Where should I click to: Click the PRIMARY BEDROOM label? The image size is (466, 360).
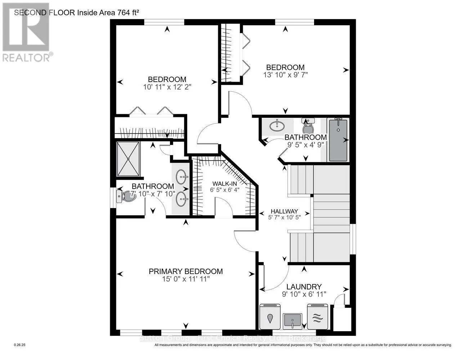pyautogui.click(x=185, y=271)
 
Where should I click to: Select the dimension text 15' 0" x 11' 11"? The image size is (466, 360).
pyautogui.click(x=185, y=279)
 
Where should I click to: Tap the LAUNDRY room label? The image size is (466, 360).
pyautogui.click(x=304, y=287)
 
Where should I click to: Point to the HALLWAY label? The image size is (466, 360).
pyautogui.click(x=284, y=211)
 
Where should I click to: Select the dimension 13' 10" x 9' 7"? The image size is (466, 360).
pyautogui.click(x=285, y=75)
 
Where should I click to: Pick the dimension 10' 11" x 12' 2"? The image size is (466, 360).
pyautogui.click(x=167, y=87)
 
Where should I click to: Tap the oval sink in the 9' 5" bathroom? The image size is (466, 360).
pyautogui.click(x=277, y=126)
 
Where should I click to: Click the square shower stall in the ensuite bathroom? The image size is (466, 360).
pyautogui.click(x=128, y=159)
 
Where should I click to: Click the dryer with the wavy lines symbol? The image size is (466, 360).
pyautogui.click(x=318, y=317)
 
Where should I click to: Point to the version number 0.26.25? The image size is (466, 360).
pyautogui.click(x=20, y=345)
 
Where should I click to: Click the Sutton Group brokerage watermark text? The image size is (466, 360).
pyautogui.click(x=233, y=338)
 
